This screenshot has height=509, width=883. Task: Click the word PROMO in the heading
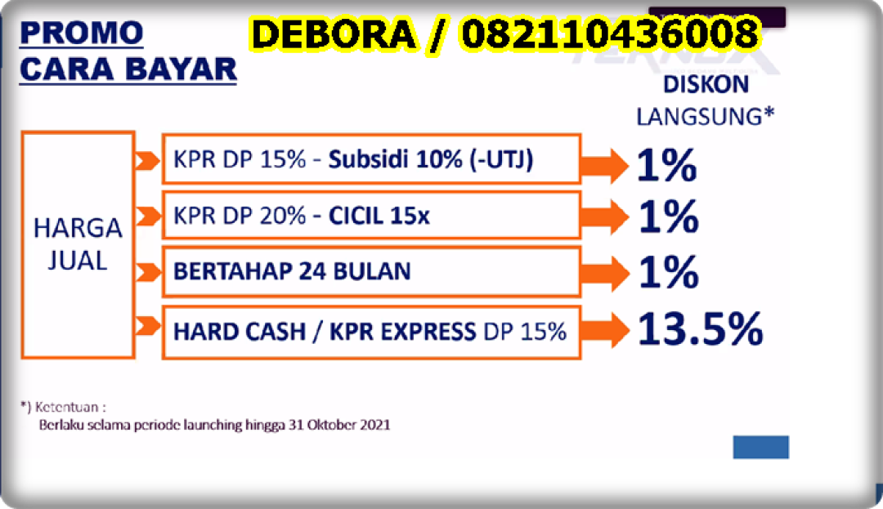tap(82, 33)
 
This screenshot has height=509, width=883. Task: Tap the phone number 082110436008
tap(611, 33)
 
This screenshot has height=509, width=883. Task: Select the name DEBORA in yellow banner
tap(334, 33)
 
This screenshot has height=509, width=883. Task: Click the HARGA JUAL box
tap(78, 244)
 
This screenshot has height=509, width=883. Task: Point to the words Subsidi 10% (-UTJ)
tap(431, 160)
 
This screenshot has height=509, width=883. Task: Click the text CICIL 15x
tap(379, 216)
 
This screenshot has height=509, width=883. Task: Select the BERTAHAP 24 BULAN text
tap(292, 271)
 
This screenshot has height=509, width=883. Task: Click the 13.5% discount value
tap(700, 329)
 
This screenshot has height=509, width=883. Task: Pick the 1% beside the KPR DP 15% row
tap(667, 165)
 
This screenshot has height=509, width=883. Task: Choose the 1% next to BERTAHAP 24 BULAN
tap(669, 272)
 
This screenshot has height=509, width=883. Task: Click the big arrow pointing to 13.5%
tap(604, 330)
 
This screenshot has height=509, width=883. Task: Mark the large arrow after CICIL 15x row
tap(604, 216)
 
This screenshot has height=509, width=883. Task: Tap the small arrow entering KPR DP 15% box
tap(147, 161)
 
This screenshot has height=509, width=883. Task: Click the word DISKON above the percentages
tap(706, 85)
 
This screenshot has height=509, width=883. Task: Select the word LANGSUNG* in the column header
tap(705, 117)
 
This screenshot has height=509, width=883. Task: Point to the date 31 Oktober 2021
tap(339, 425)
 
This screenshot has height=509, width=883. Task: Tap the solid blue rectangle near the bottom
tap(761, 447)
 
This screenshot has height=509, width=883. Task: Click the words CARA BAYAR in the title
tap(128, 69)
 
